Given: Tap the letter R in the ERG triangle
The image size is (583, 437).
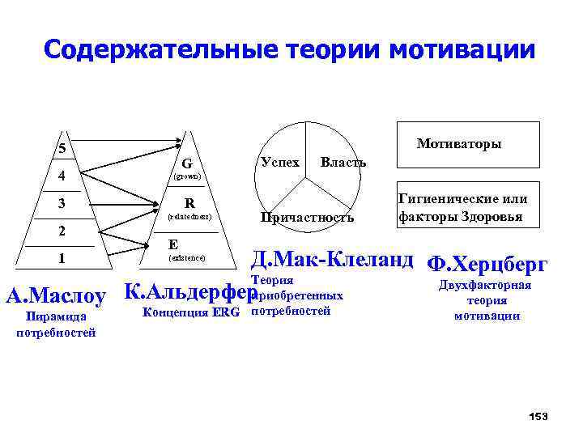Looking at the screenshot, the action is point(188,202).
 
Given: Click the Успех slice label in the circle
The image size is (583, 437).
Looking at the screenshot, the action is point(280,162).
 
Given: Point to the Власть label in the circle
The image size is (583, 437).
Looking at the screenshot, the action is point(343,162).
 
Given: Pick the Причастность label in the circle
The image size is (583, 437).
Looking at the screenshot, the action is point(307,217).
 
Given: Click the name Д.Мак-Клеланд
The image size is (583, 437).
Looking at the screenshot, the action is point(332,261).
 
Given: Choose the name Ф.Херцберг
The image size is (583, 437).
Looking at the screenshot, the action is point(487,264).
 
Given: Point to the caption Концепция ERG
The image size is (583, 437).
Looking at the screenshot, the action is point(191,312).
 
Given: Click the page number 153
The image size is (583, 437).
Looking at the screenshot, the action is point(538,416).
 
